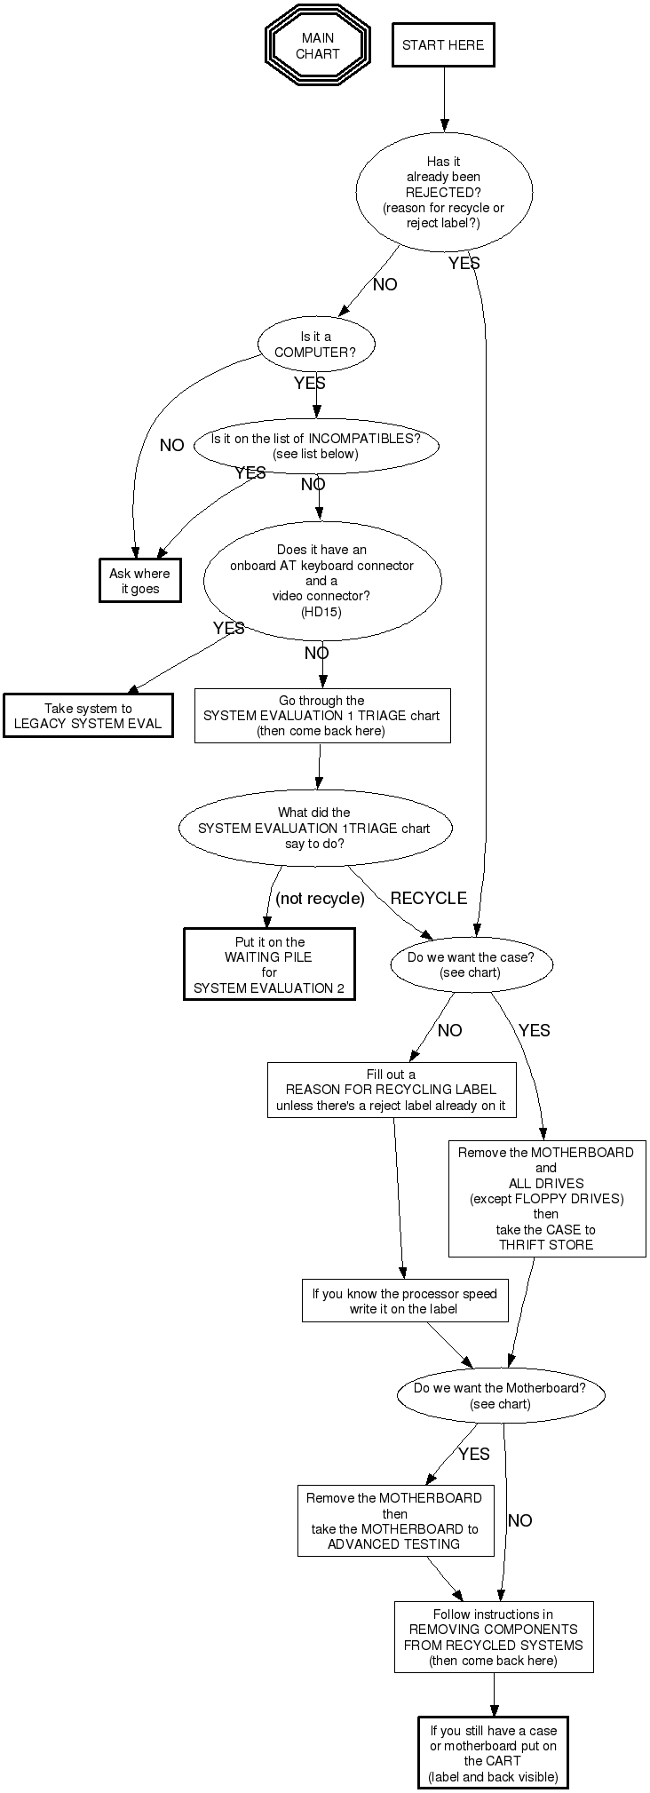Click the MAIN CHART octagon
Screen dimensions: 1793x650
tap(317, 46)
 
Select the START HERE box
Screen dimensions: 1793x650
tap(443, 45)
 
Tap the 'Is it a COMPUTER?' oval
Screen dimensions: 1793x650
tap(315, 345)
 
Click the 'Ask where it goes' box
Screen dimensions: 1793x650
tap(139, 581)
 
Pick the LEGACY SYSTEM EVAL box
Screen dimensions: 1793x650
tap(88, 716)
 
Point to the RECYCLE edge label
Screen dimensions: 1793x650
tap(428, 898)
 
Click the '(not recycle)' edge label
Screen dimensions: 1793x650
tap(320, 899)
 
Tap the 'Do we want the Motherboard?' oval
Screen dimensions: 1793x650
tap(500, 1396)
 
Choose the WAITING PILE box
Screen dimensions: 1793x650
tap(269, 964)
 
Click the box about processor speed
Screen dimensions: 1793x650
tap(404, 1301)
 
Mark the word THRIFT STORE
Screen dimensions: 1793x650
tap(546, 1245)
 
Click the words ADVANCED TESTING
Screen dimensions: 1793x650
tap(394, 1544)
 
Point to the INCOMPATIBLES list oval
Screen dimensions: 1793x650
tap(315, 446)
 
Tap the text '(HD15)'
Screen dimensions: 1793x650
tap(321, 611)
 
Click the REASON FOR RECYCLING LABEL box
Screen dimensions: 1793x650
tap(391, 1090)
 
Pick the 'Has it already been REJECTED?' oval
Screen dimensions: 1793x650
tap(444, 192)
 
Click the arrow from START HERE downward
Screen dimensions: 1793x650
tap(444, 98)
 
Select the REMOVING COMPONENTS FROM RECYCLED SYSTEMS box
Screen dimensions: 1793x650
tap(493, 1637)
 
